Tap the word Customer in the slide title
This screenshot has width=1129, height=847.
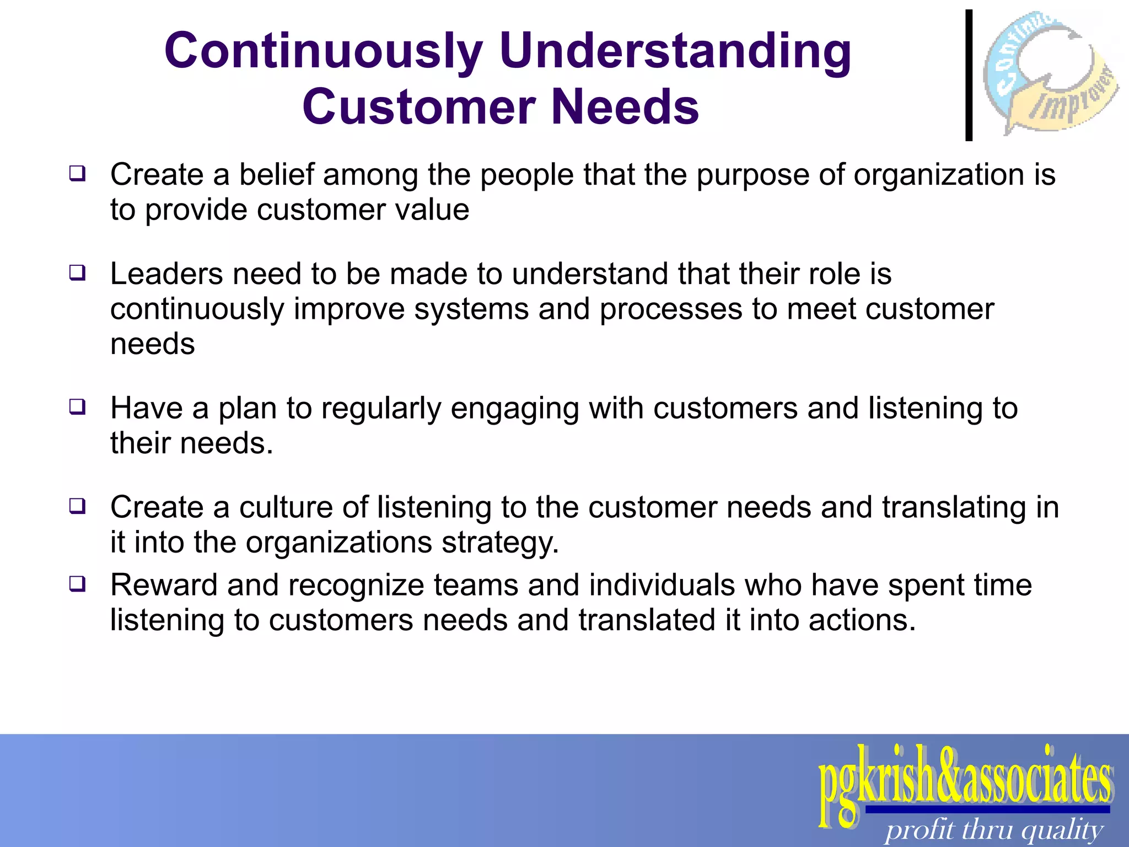(x=419, y=107)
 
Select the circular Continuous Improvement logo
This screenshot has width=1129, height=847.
(x=1051, y=72)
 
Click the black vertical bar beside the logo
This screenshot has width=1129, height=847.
(x=969, y=75)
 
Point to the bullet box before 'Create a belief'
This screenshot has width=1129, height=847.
(x=77, y=174)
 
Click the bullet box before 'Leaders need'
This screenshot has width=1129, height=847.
(x=77, y=273)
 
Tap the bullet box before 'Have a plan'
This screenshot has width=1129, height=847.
(x=77, y=407)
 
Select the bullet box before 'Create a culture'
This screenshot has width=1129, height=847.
(x=77, y=506)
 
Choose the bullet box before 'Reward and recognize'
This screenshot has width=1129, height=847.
(x=77, y=584)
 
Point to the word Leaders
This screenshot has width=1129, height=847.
(x=166, y=274)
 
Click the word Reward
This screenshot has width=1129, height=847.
(x=164, y=585)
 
